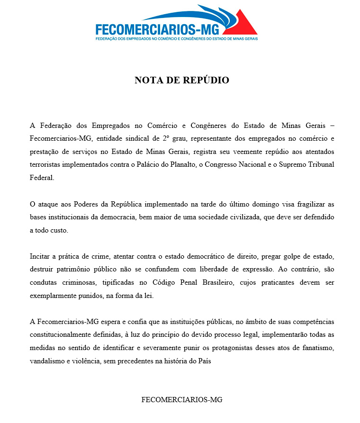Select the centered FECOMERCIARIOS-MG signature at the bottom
coord(182,399)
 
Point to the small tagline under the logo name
coord(176,38)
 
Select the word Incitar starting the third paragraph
coord(41,256)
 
